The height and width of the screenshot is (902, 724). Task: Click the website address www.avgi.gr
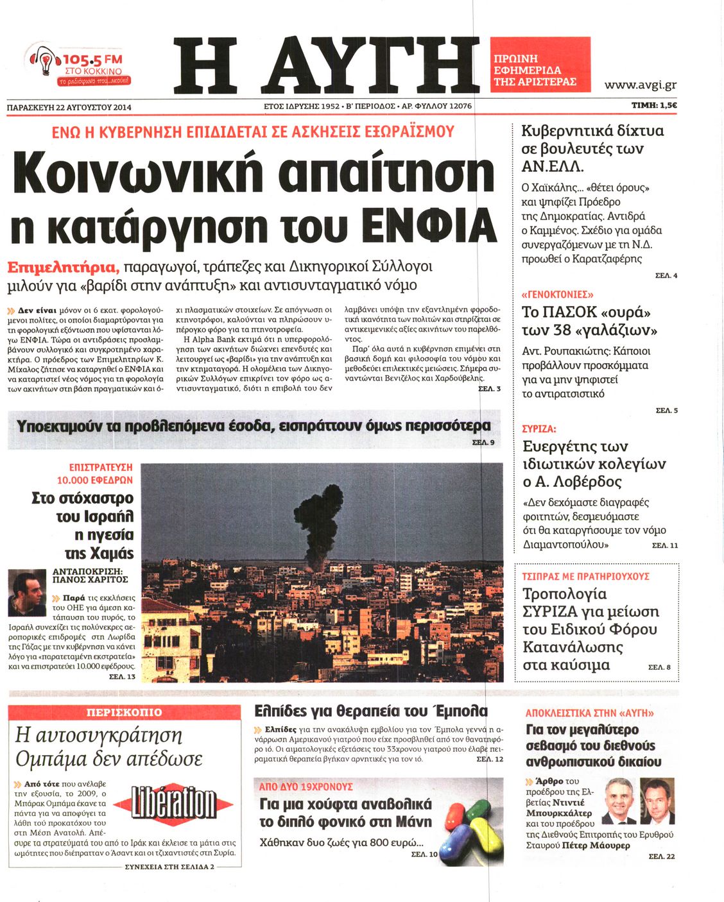(x=640, y=85)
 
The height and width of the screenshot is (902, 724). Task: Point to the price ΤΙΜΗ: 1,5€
(x=655, y=106)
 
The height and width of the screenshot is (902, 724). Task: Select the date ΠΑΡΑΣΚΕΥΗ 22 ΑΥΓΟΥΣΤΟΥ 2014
(x=69, y=107)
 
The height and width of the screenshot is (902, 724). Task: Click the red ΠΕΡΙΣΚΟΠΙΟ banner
(x=125, y=712)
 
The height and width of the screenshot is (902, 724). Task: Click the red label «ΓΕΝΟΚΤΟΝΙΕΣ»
(x=557, y=294)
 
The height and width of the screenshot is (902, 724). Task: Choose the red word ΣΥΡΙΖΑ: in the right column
(x=539, y=429)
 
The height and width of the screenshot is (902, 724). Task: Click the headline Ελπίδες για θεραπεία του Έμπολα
(x=371, y=711)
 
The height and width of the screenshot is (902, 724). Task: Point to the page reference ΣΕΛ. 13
(x=122, y=677)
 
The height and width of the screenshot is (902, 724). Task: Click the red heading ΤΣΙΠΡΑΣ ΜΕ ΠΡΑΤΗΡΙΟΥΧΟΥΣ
(x=585, y=576)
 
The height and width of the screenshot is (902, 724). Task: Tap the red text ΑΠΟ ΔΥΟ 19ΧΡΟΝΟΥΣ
(x=306, y=786)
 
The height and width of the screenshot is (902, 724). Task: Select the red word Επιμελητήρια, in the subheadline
(x=62, y=267)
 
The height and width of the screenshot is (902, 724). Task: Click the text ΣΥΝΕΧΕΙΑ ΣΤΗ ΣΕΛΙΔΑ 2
(x=169, y=866)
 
